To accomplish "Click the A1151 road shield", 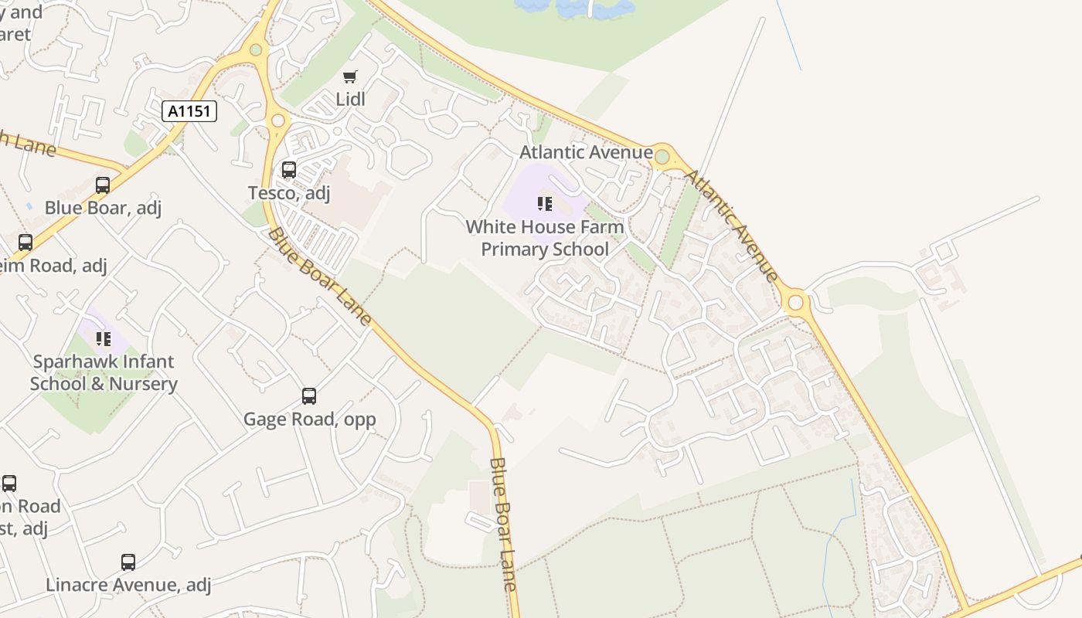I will point(189,111).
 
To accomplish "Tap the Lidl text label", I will point(350,99).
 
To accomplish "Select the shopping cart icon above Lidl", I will point(350,76).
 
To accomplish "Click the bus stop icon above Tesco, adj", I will point(289,169).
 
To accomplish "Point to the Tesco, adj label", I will point(289,192).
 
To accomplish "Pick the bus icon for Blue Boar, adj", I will point(103,185).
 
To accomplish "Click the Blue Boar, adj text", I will point(103,208).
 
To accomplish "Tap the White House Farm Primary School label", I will point(545,238).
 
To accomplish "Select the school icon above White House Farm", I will point(545,204).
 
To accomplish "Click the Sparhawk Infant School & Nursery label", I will point(104,372).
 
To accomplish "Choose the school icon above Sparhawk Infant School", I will point(104,338).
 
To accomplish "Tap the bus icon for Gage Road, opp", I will point(309,396).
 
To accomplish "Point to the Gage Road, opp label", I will point(309,419).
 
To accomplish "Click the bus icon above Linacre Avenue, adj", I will point(128,562).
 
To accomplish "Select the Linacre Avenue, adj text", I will point(128,585).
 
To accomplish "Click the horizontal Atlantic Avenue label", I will point(586,152).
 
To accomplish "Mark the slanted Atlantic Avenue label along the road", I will point(731,224).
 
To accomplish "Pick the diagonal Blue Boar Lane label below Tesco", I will point(320,277).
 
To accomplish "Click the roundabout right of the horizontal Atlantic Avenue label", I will point(662,157).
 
